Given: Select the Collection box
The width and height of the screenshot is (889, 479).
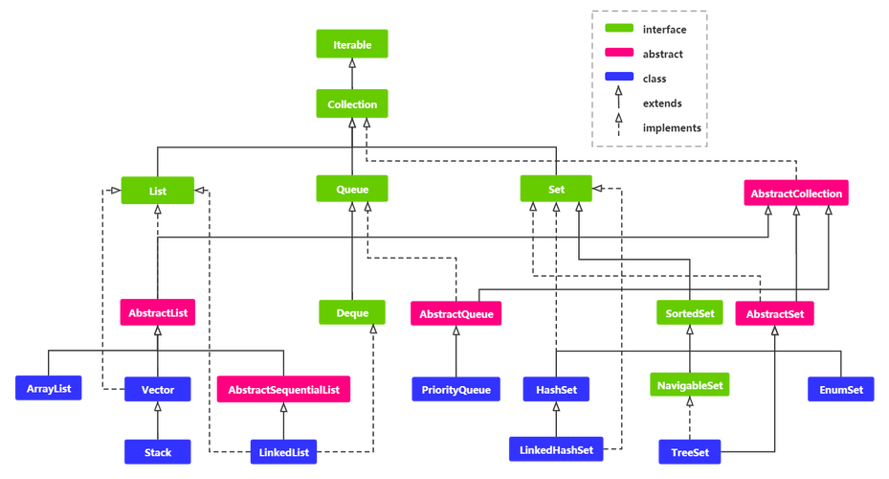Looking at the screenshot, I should [x=352, y=104].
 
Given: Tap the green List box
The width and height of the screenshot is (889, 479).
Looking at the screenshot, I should [x=158, y=191].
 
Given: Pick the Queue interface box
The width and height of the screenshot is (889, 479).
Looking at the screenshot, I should [x=352, y=190].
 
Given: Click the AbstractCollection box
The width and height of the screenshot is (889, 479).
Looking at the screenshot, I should [x=796, y=194].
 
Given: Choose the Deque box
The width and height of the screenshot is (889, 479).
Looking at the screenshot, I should [x=353, y=312].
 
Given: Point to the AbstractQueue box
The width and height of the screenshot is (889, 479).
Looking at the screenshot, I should [x=456, y=312].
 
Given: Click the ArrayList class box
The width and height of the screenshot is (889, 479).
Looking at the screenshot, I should [x=49, y=389].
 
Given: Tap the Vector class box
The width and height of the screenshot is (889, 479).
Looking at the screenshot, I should [x=158, y=390].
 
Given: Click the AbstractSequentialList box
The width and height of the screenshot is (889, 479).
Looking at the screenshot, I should [x=283, y=390].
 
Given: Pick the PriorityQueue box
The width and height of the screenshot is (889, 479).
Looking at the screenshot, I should [x=456, y=390].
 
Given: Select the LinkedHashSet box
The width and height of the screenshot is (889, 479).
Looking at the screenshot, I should [x=556, y=449].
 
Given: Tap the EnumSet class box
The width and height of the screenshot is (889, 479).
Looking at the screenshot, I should [x=841, y=390].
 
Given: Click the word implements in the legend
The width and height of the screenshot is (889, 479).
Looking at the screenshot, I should [x=672, y=127].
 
